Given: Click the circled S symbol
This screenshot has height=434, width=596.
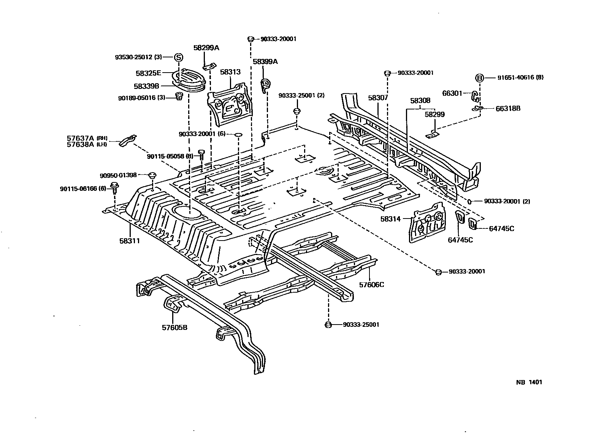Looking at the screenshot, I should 179,57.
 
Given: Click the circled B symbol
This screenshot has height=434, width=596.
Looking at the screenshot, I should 480,78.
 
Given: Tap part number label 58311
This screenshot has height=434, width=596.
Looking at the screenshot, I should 130,241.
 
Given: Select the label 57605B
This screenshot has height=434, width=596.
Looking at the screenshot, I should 174,328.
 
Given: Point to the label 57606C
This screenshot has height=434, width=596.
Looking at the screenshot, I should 371,284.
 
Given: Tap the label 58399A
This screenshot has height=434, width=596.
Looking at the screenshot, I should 265,62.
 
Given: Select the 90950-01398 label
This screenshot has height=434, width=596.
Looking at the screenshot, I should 118,175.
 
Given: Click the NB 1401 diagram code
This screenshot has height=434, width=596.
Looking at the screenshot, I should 529,382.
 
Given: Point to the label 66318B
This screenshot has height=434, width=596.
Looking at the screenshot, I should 508,108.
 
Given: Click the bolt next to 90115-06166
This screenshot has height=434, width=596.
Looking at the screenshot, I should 114,186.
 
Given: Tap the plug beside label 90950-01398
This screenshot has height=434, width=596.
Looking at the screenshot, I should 152,175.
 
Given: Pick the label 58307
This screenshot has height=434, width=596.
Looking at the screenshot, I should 378,98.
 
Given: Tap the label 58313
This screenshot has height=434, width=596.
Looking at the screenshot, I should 230,72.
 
